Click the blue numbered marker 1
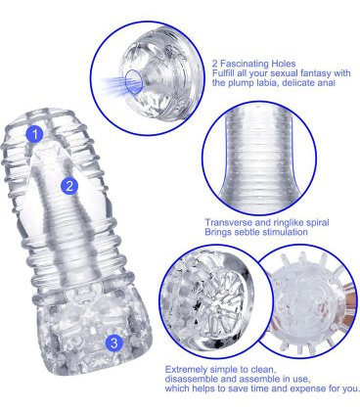click(36, 132)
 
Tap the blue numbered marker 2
click(68, 185)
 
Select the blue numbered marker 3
click(114, 342)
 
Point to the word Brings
click(218, 233)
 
